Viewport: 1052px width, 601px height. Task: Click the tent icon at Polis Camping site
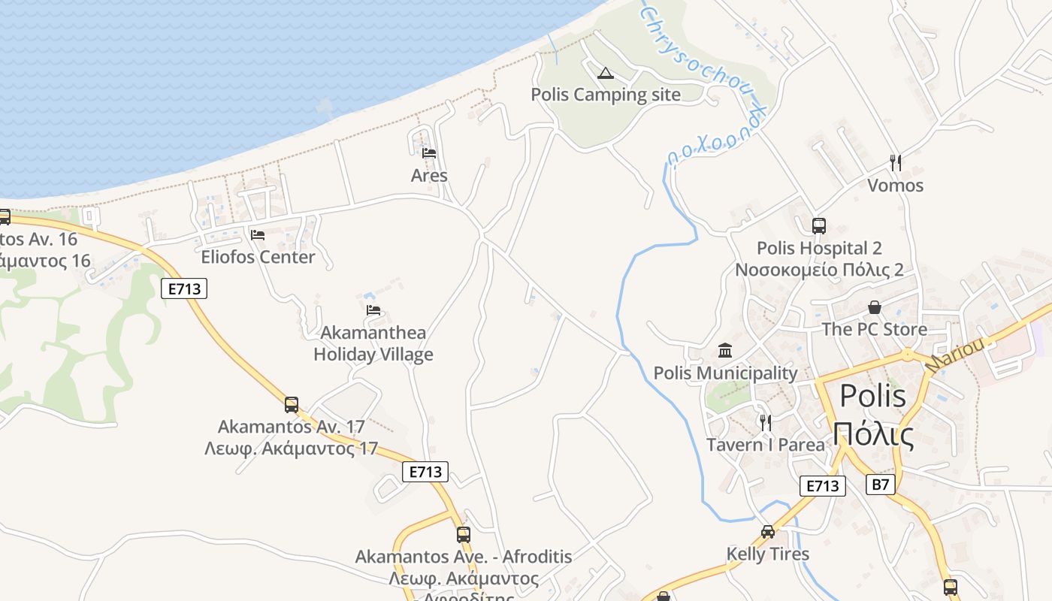pyautogui.click(x=605, y=73)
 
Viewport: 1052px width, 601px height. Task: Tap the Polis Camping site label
pyautogui.click(x=606, y=95)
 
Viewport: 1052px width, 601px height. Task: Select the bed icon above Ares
pyautogui.click(x=429, y=153)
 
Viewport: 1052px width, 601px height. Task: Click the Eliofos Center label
pyautogui.click(x=258, y=257)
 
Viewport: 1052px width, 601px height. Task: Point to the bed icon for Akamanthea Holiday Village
pyautogui.click(x=373, y=310)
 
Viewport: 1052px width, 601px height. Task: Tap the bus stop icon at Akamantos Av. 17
pyautogui.click(x=292, y=405)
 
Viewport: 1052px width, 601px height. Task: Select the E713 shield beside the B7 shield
pyautogui.click(x=822, y=486)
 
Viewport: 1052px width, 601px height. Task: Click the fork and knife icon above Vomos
pyautogui.click(x=895, y=162)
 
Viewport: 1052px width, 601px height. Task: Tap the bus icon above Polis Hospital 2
pyautogui.click(x=819, y=225)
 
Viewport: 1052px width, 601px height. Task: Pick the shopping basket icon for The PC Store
pyautogui.click(x=874, y=307)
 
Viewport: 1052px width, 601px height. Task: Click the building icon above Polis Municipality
pyautogui.click(x=725, y=350)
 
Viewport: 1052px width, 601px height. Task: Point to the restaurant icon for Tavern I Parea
pyautogui.click(x=765, y=422)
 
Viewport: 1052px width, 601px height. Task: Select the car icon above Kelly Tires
pyautogui.click(x=767, y=532)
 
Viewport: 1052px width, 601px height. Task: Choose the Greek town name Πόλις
pyautogui.click(x=872, y=435)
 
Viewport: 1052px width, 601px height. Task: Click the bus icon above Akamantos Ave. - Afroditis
pyautogui.click(x=464, y=535)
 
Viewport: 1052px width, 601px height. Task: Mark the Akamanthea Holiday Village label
pyautogui.click(x=373, y=343)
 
